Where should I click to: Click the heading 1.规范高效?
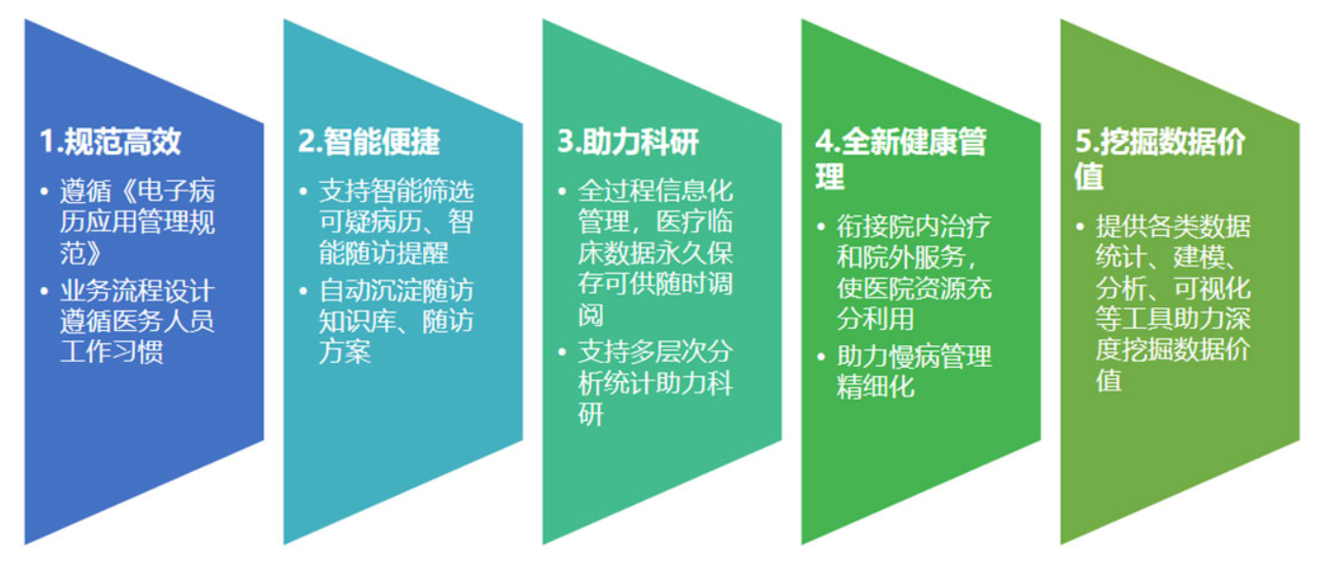(x=110, y=141)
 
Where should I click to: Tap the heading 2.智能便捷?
(x=369, y=141)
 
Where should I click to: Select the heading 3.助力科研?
(x=628, y=141)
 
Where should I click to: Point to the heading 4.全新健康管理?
(x=901, y=159)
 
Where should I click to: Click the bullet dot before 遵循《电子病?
(x=44, y=191)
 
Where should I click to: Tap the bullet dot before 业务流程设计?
(x=44, y=292)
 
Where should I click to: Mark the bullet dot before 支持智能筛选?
(x=303, y=191)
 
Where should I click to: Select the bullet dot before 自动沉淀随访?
(x=303, y=292)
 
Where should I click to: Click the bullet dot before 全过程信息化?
(x=563, y=191)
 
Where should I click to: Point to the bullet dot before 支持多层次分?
(x=563, y=353)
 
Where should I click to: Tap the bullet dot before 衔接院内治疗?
(x=822, y=227)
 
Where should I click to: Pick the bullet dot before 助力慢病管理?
(x=822, y=357)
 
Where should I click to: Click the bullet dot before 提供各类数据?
(x=1081, y=227)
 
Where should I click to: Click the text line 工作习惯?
(x=111, y=352)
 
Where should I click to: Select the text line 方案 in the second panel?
(x=344, y=352)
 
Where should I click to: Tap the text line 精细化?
(x=876, y=387)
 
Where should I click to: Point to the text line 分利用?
(x=876, y=318)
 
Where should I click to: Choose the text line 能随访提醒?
(x=383, y=253)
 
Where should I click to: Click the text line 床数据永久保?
(x=655, y=253)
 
